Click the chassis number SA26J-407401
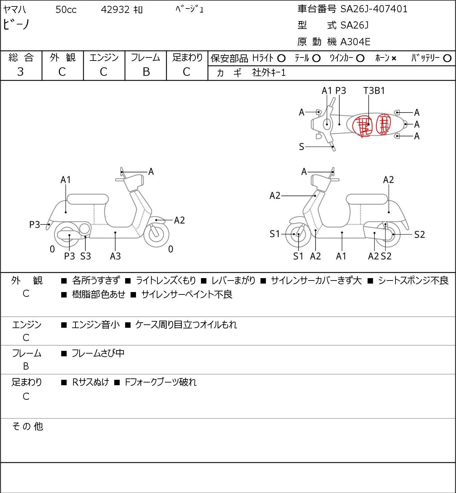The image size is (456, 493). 374,9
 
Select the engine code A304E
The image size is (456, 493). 355,42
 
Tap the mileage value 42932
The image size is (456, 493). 115,10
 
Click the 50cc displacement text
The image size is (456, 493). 66,10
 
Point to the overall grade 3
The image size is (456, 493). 20,72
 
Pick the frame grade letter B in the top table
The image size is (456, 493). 146,72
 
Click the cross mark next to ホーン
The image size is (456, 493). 394,58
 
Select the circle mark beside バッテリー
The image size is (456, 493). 447,58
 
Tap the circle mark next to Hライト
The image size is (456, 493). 281,58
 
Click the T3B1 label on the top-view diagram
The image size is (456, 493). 374,90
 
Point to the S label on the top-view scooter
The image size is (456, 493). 302,147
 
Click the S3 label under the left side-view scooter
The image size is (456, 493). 85,256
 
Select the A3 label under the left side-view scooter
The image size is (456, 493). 115,256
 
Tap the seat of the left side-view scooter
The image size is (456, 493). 88,199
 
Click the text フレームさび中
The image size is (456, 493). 98,353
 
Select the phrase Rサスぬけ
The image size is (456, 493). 90,382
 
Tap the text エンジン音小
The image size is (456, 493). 96,325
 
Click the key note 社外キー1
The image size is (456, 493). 269,73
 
